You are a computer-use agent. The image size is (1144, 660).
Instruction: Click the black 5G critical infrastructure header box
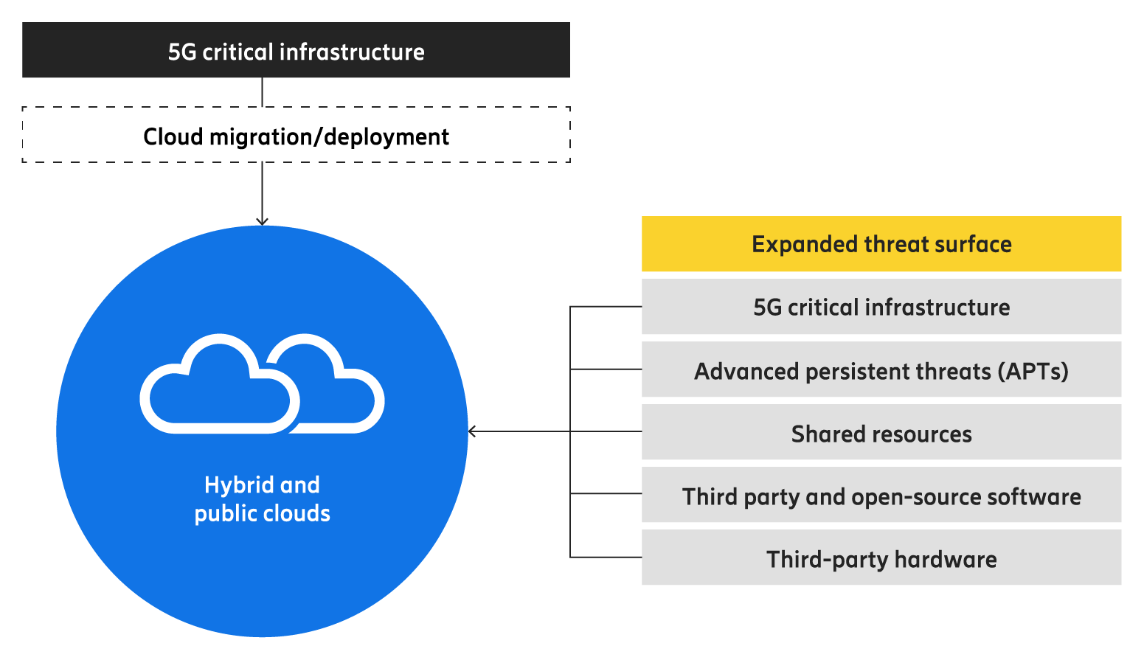tap(296, 50)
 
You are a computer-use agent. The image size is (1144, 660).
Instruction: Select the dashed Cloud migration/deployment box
tap(296, 135)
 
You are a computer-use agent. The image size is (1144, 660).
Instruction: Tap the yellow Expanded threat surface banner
tap(881, 244)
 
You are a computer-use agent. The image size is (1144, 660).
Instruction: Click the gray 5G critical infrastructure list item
tap(881, 307)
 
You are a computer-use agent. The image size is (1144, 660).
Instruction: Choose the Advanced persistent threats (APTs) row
tap(881, 369)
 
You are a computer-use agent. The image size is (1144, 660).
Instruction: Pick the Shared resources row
tap(881, 433)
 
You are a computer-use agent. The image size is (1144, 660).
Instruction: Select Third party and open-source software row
tap(881, 496)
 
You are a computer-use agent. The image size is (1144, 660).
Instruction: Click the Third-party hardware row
tap(881, 558)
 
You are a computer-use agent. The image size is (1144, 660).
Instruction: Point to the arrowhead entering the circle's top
tap(262, 220)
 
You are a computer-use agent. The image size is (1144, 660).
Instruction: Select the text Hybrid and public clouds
tap(262, 499)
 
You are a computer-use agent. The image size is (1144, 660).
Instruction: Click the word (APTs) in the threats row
tap(1033, 371)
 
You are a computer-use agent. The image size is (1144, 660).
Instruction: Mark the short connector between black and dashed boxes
tap(263, 92)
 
